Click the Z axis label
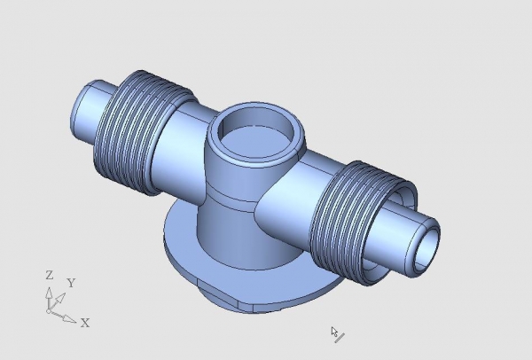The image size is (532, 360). pyautogui.click(x=50, y=275)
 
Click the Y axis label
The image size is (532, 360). pyautogui.click(x=71, y=283)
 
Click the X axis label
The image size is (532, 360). pyautogui.click(x=85, y=323)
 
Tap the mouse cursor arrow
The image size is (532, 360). pyautogui.click(x=334, y=332)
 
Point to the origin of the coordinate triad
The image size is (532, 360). pyautogui.click(x=49, y=311)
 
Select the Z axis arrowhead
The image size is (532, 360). pyautogui.click(x=49, y=293)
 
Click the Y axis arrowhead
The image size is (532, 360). pyautogui.click(x=60, y=299)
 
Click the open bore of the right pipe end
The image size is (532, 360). pyautogui.click(x=426, y=250)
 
